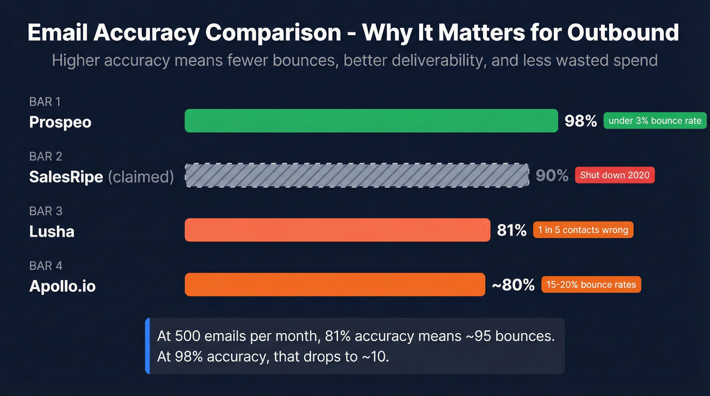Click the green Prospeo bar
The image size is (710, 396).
371,121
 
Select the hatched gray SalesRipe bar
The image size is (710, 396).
357,175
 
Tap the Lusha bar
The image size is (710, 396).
337,230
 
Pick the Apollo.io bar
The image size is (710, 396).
335,284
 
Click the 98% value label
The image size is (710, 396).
581,121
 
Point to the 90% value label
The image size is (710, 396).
552,175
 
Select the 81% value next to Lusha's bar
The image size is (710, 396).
512,230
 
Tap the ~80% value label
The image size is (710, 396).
513,285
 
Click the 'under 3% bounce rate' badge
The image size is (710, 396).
655,121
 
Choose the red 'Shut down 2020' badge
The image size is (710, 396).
615,175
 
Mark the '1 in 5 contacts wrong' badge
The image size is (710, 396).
583,230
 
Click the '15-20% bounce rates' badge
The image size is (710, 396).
591,284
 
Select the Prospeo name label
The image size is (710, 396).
60,122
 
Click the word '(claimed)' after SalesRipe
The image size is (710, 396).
140,177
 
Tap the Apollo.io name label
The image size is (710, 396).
62,286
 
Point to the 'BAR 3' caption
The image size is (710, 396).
45,211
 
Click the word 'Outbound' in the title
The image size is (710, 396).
623,32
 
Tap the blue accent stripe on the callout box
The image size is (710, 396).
148,346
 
